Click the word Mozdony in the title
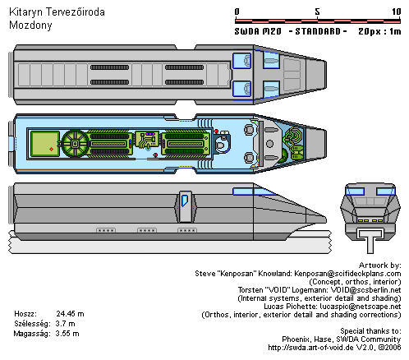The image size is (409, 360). pos(30,25)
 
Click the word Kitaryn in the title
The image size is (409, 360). pos(25,12)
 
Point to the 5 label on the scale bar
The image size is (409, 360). pos(317,12)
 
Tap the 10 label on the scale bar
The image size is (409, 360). pos(396,12)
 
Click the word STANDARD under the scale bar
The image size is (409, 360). pos(318,31)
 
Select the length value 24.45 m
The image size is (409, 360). pos(70,314)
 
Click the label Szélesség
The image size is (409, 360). pos(32,324)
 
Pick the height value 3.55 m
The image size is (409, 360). pos(67,334)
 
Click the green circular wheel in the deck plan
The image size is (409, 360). pos(75,144)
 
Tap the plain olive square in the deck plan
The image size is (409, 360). pos(45,144)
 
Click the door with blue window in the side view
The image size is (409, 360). pos(186,206)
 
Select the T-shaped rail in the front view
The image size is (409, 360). pos(370,240)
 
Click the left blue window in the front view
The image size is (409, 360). pos(355,192)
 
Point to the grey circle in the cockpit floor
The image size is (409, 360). pos(269,144)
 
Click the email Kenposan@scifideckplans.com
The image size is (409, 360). pos(347,274)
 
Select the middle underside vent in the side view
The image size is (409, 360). pos(147,230)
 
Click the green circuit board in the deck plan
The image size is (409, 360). pos(147,140)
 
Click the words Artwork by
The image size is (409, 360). pos(380,265)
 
